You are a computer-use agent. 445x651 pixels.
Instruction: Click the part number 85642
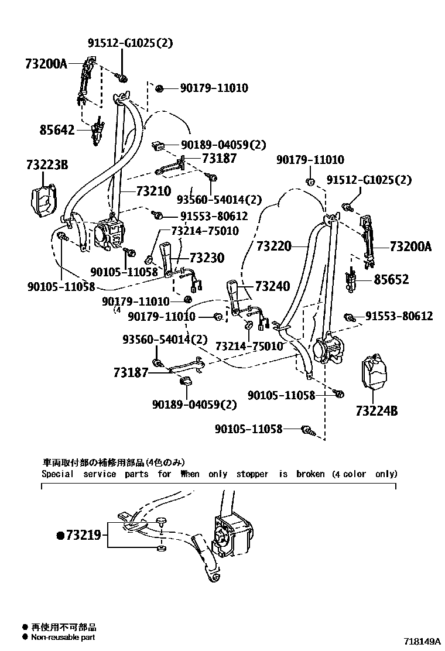click(57, 129)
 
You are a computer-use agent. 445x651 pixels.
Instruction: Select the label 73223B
click(47, 165)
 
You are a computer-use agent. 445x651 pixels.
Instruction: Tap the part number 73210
click(153, 191)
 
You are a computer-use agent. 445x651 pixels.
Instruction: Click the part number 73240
click(272, 286)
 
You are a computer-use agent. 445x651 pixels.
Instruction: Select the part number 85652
click(392, 280)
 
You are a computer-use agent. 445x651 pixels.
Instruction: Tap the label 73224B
click(376, 411)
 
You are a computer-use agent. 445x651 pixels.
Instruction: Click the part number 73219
click(84, 534)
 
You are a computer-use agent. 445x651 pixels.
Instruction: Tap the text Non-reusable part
click(63, 637)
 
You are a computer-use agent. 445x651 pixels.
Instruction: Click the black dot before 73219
click(60, 535)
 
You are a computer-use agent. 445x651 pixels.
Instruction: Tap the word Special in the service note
click(57, 474)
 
